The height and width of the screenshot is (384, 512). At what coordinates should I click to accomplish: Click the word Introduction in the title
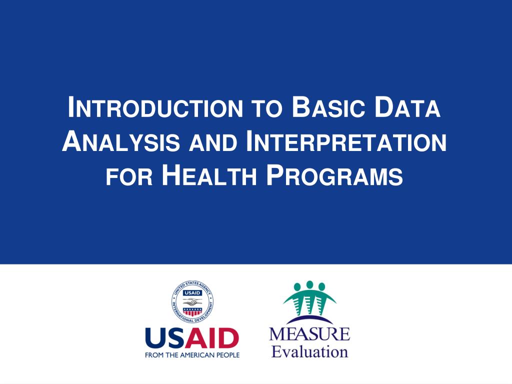click(155, 107)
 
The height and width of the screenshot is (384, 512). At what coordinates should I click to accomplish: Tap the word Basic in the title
click(328, 107)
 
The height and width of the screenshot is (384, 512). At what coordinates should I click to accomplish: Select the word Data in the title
click(408, 107)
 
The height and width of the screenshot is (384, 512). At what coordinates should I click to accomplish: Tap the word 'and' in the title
click(213, 143)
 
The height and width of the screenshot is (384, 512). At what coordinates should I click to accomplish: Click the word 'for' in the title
click(129, 177)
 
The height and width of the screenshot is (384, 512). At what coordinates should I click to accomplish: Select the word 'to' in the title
click(267, 109)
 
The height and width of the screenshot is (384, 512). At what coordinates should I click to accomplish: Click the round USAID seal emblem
click(192, 301)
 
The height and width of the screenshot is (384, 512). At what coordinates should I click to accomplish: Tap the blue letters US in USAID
click(167, 338)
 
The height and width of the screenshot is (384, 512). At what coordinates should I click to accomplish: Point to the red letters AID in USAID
click(213, 338)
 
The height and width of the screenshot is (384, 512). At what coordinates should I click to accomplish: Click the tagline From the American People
click(192, 355)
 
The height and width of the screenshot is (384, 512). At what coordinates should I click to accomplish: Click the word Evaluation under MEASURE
click(309, 351)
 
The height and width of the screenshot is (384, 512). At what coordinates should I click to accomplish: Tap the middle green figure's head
click(309, 284)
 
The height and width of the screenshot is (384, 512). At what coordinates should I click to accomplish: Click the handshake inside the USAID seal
click(192, 301)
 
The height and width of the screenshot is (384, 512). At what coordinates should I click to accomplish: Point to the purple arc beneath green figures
click(309, 319)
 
